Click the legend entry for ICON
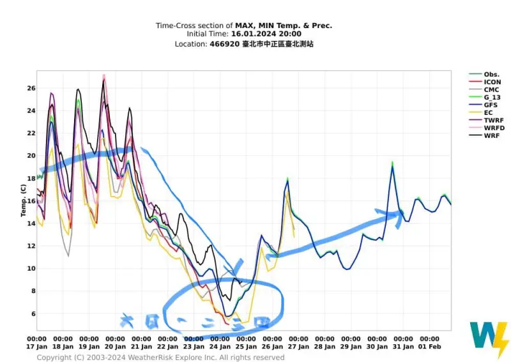pyautogui.click(x=492, y=82)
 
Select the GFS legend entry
pyautogui.click(x=491, y=105)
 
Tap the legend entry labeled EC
pyautogui.click(x=488, y=112)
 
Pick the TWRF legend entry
pyautogui.click(x=492, y=120)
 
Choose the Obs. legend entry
pyautogui.click(x=491, y=74)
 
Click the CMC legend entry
pyautogui.click(x=491, y=89)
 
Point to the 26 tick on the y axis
pyautogui.click(x=31, y=88)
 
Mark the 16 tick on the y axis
pyautogui.click(x=31, y=200)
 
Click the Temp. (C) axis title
pyautogui.click(x=22, y=200)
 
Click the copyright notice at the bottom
pyautogui.click(x=160, y=358)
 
